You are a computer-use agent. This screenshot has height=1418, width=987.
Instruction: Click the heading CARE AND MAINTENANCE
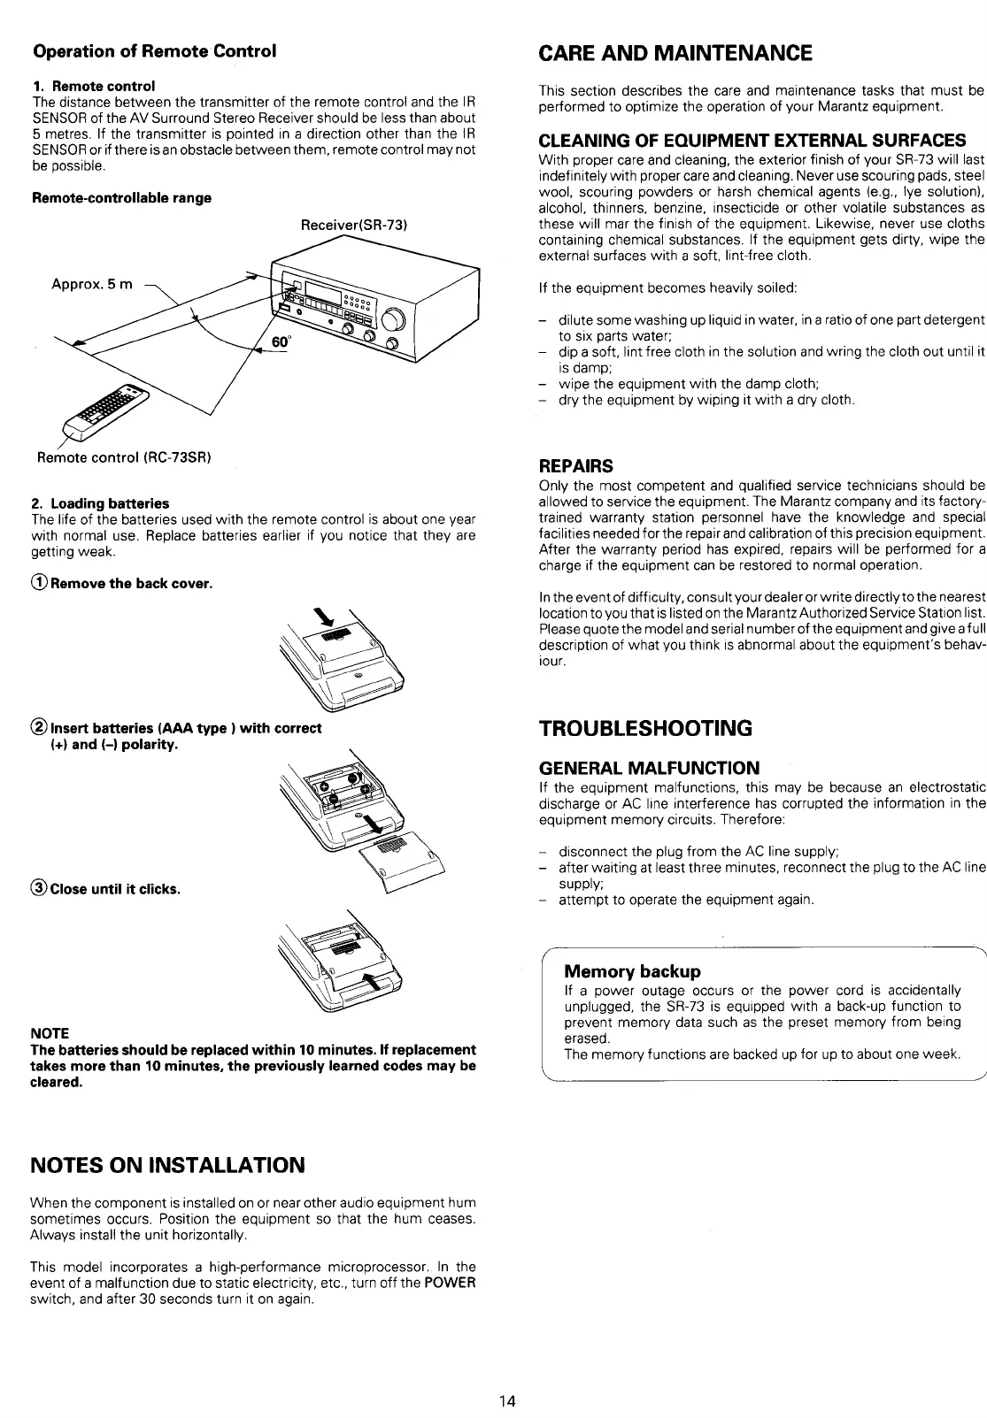pyautogui.click(x=675, y=53)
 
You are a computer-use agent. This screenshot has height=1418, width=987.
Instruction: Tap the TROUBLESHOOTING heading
pyautogui.click(x=646, y=729)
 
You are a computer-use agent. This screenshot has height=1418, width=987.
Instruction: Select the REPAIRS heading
pyautogui.click(x=576, y=465)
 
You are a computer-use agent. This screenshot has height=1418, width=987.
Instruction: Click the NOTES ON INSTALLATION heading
pyautogui.click(x=167, y=1164)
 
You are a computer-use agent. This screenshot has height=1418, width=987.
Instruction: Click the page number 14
pyautogui.click(x=506, y=1401)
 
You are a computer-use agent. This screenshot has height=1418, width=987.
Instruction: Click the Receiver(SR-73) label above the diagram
pyautogui.click(x=353, y=226)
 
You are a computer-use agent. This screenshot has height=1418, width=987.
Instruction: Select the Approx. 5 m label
pyautogui.click(x=91, y=285)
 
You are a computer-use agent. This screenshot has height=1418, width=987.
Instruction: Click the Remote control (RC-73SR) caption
pyautogui.click(x=123, y=457)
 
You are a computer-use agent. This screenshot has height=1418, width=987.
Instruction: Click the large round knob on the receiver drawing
pyautogui.click(x=396, y=319)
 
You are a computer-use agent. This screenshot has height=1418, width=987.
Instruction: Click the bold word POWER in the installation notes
pyautogui.click(x=452, y=1284)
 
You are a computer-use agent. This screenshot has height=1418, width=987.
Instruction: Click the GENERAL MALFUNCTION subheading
pyautogui.click(x=649, y=768)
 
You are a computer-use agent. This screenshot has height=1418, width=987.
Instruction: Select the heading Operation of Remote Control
pyautogui.click(x=154, y=50)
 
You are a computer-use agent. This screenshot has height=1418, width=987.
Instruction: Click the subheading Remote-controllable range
pyautogui.click(x=121, y=197)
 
